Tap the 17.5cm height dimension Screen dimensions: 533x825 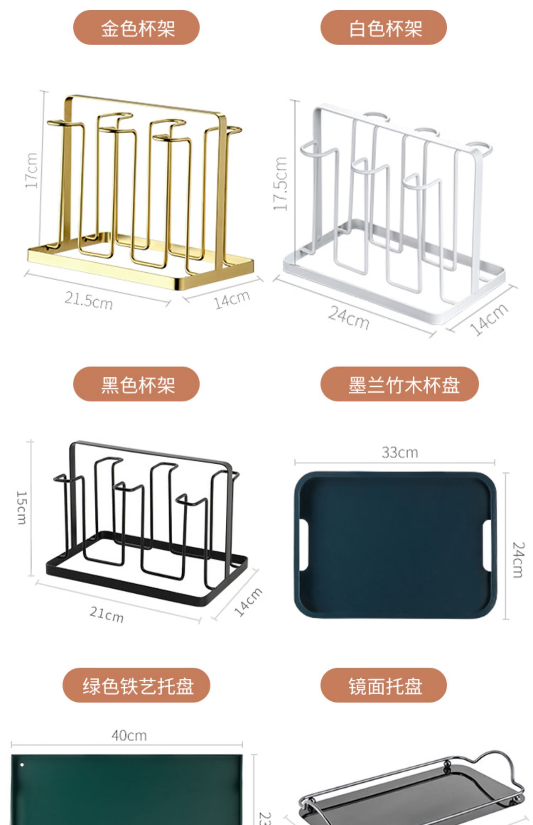[280, 184]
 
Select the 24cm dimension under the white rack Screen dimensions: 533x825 [349, 317]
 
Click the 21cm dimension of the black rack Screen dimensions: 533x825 [107, 614]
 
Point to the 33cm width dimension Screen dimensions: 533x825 [400, 452]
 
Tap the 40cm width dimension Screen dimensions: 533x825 [129, 735]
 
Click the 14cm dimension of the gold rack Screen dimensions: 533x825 [232, 299]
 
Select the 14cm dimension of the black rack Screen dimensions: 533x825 [248, 602]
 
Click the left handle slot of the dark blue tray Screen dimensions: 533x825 [304, 545]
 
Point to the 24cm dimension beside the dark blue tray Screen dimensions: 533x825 [518, 560]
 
